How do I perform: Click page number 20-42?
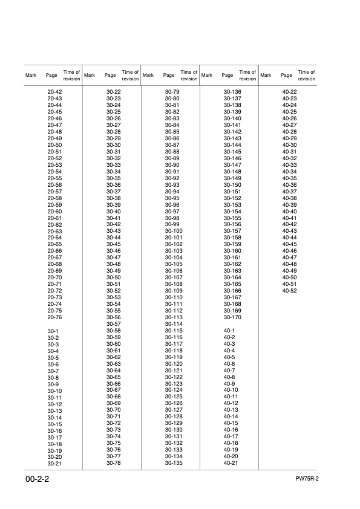54,92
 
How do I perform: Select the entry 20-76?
54,317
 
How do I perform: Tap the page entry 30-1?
53,331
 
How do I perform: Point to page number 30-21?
54,464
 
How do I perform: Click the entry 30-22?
114,92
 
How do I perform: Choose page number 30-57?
114,324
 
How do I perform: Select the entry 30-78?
114,463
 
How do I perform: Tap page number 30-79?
172,92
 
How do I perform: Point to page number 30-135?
174,463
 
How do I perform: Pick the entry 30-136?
232,92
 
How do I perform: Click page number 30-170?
232,317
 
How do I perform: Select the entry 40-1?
229,331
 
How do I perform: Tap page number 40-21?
231,463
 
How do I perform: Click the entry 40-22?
290,92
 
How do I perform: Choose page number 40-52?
290,291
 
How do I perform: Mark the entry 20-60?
54,212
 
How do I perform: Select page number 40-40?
290,212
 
